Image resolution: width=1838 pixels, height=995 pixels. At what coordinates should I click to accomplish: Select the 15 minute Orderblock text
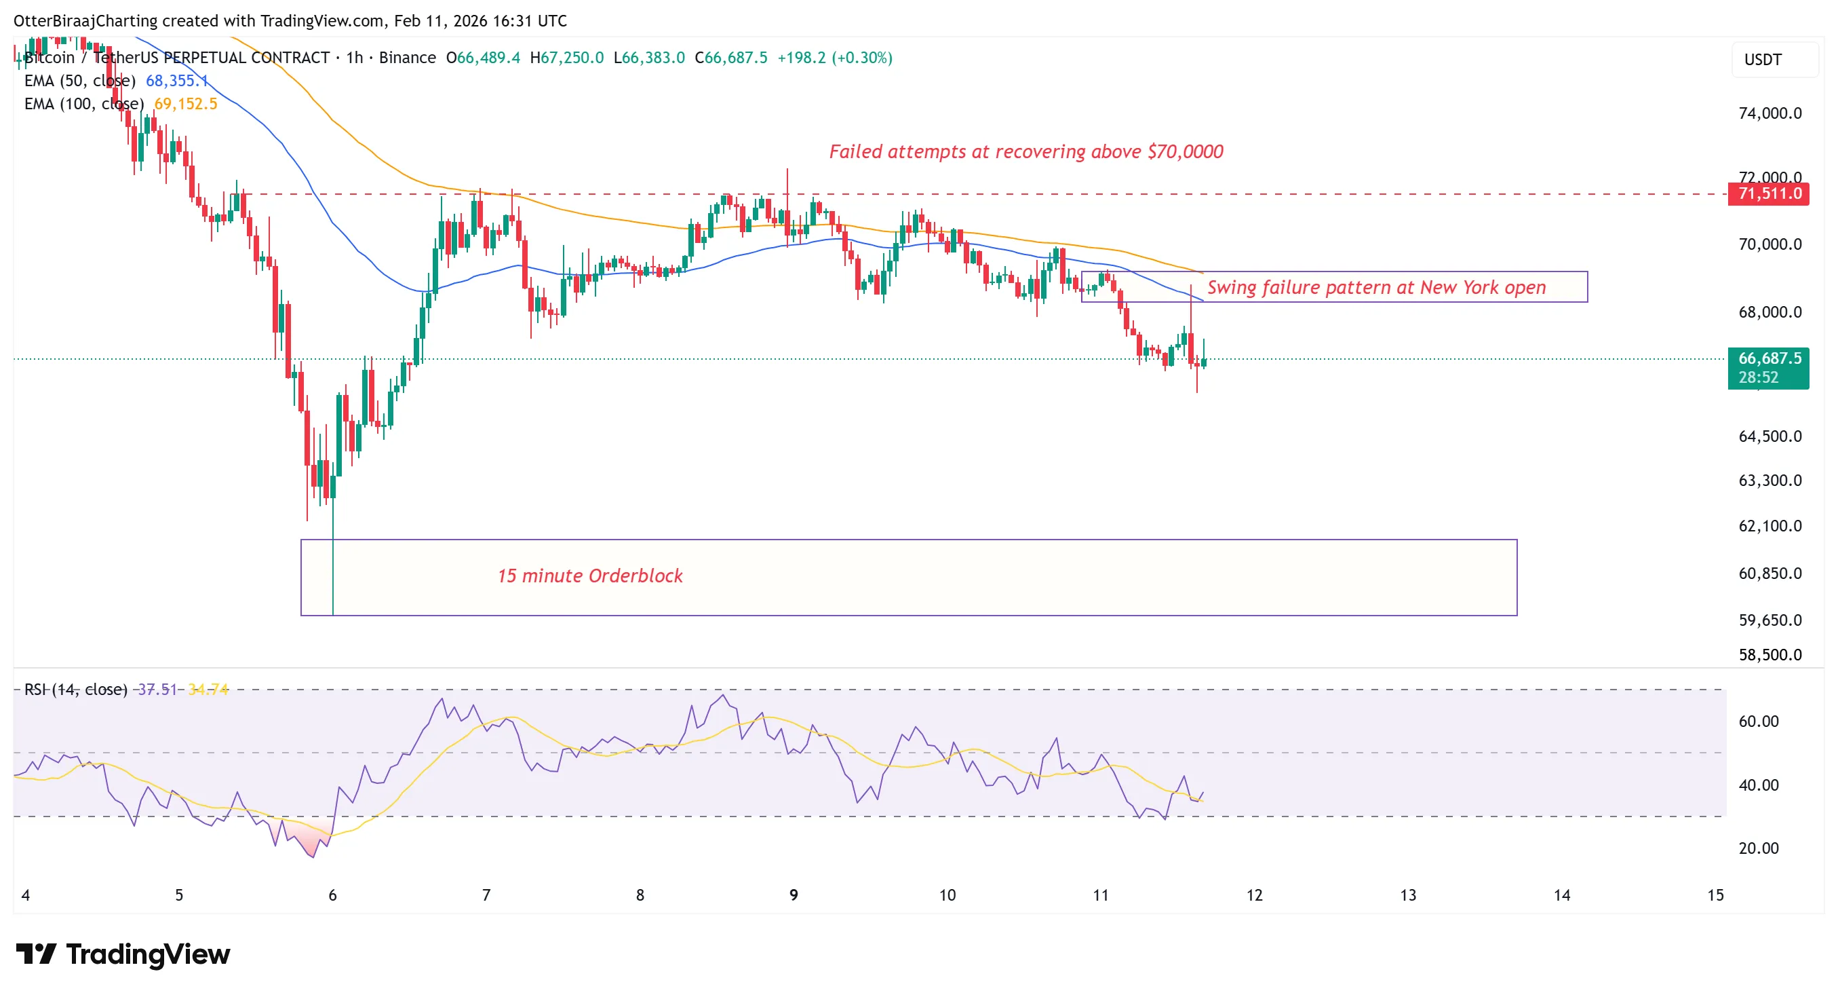(x=589, y=576)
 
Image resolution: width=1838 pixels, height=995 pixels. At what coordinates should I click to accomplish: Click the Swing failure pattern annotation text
(x=1375, y=287)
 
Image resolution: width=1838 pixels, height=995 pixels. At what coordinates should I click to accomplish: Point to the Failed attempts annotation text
(x=1025, y=151)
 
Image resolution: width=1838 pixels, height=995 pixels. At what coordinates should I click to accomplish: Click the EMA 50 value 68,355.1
(x=176, y=81)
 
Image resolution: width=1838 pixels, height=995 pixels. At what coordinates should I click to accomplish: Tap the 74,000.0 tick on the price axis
(x=1769, y=113)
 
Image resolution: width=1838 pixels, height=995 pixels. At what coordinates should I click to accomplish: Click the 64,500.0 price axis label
(x=1769, y=436)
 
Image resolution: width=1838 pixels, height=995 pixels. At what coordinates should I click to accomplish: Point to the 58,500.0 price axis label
(x=1769, y=654)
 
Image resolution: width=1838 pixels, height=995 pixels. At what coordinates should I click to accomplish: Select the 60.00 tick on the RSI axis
(x=1757, y=721)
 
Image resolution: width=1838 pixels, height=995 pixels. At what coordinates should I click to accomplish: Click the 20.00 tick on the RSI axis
(x=1757, y=848)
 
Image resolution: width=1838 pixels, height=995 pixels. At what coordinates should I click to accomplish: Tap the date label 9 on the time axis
(x=794, y=895)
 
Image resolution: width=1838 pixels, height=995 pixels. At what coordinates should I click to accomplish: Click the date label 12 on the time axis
(x=1253, y=895)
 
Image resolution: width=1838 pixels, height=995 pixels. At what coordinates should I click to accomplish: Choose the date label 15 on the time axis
(x=1715, y=895)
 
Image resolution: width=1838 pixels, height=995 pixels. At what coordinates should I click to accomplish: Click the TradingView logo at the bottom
(x=123, y=954)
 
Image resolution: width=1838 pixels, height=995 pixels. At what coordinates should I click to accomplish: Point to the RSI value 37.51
(x=157, y=689)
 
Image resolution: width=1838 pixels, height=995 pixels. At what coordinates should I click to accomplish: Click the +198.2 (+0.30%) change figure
(x=834, y=58)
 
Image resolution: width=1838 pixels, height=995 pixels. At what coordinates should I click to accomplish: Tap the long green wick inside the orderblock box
(x=332, y=578)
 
